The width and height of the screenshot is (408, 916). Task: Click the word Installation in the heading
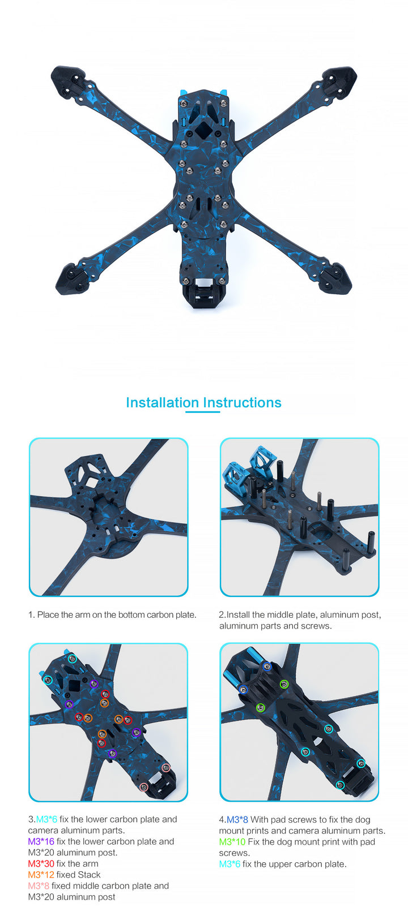coord(162,403)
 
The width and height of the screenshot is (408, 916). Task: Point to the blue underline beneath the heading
coord(202,412)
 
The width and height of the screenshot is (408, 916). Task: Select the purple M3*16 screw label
coord(41,841)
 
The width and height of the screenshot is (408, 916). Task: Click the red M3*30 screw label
coord(41,863)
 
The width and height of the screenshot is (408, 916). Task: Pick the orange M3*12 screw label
coord(41,875)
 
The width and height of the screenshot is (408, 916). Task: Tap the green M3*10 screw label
coord(232,842)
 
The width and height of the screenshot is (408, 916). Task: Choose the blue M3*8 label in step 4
coord(237,819)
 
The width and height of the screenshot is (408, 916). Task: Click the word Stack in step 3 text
coord(90,875)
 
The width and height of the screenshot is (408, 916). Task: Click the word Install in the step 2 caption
coord(239,615)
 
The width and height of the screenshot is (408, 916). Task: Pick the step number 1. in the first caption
coord(32,615)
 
